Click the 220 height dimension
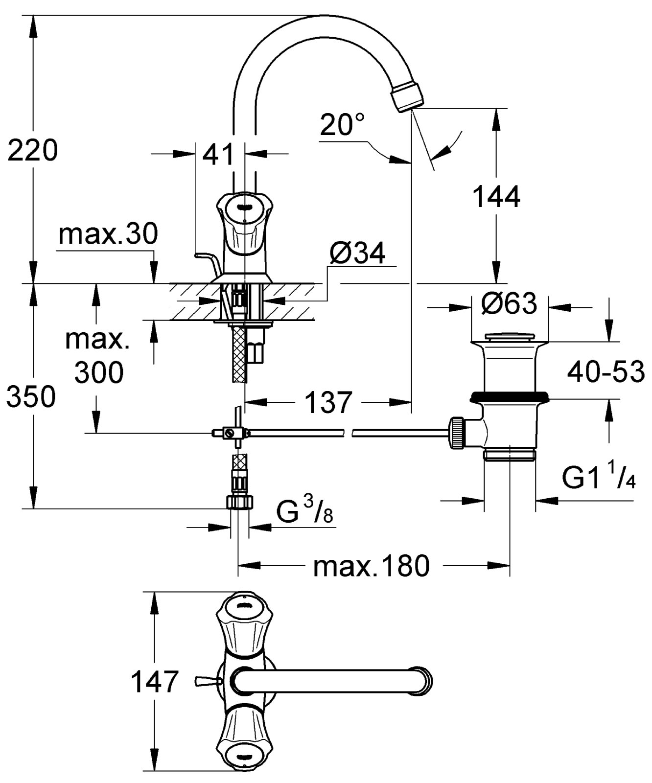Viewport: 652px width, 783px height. pos(33,150)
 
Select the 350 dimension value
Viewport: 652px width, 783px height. pos(31,397)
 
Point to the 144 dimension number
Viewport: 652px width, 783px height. pos(496,197)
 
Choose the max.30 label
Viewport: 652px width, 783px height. pos(108,234)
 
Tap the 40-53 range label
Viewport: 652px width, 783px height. pos(606,373)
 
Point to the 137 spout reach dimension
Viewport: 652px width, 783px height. pos(328,402)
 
